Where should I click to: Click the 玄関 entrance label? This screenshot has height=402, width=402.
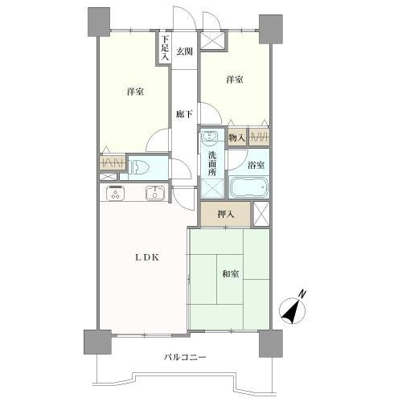tap(185, 52)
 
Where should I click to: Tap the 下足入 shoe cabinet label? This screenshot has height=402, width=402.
tap(165, 48)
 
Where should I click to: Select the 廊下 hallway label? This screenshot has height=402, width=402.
tap(184, 114)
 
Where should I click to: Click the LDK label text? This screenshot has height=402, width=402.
tap(146, 258)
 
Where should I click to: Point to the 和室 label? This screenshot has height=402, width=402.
tap(230, 274)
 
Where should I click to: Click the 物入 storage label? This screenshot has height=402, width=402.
tap(236, 137)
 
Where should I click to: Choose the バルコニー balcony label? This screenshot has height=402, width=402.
tap(186, 356)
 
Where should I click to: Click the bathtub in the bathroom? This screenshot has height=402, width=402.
tap(250, 189)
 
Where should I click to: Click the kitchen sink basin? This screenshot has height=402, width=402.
tap(153, 193)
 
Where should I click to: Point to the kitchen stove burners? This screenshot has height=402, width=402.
tap(115, 193)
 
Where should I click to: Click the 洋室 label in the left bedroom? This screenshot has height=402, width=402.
tap(134, 92)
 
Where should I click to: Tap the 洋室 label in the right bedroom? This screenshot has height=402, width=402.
tap(234, 80)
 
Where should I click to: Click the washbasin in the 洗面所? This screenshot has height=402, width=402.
tap(211, 137)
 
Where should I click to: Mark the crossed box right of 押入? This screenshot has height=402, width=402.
tap(260, 213)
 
